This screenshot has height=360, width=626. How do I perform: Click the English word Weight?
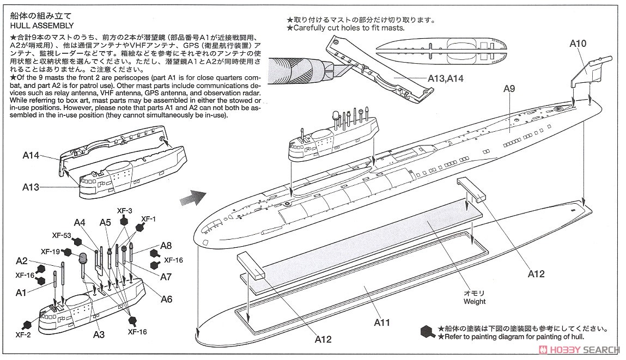click(474, 301)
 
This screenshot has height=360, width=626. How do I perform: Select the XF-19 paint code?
click(51, 252)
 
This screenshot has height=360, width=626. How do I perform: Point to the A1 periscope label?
click(21, 293)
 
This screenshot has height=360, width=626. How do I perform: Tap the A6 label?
click(166, 299)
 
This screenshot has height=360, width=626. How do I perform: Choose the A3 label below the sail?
click(99, 334)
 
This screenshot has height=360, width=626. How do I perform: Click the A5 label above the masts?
click(105, 222)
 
